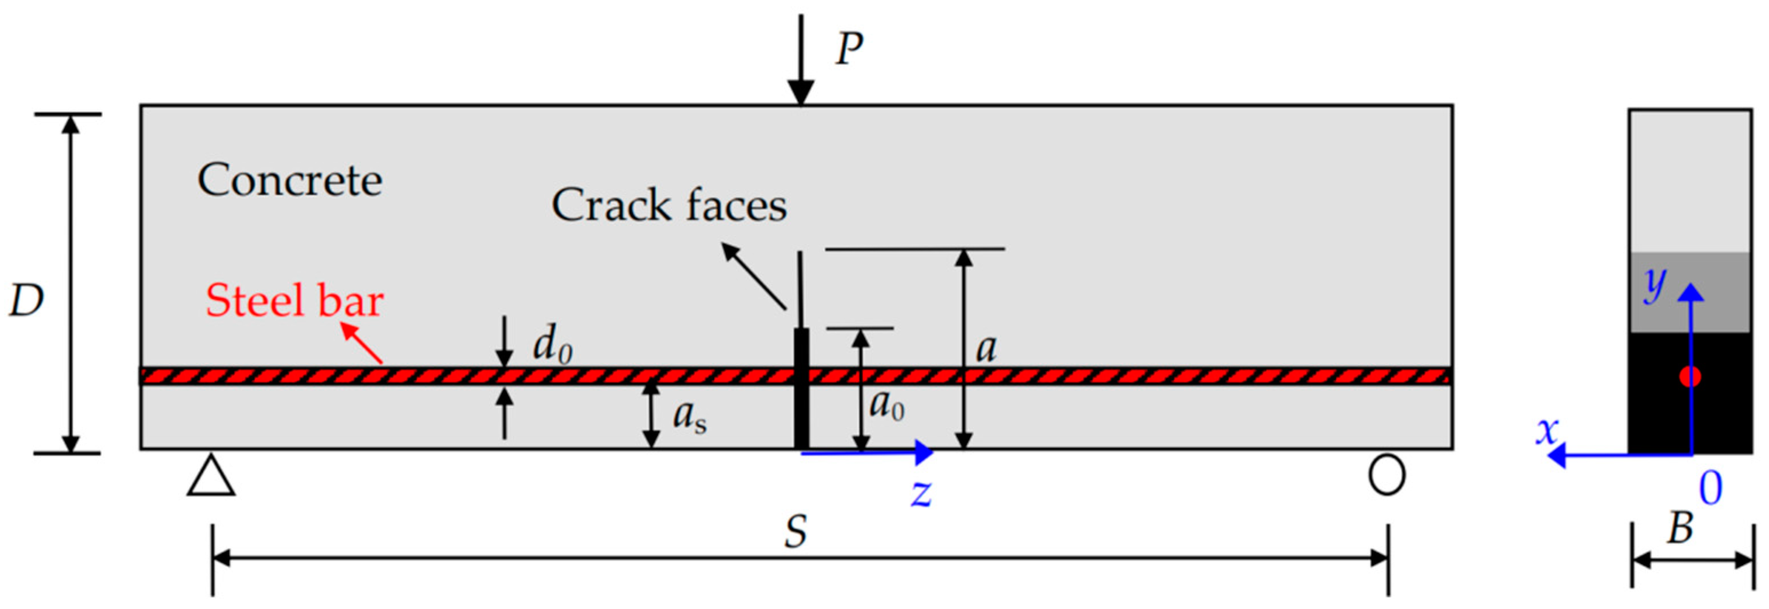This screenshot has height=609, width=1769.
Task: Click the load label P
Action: pos(849,50)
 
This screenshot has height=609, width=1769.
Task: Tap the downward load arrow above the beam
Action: pos(801,62)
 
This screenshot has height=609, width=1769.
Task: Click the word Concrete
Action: pos(290,181)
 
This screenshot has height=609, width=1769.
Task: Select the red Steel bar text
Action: pos(294,301)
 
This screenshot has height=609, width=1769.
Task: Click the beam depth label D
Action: pos(26,301)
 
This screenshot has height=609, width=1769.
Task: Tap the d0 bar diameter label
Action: pos(552,343)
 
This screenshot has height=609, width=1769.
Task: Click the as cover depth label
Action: pos(689,415)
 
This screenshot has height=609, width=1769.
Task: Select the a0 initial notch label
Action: pos(887,405)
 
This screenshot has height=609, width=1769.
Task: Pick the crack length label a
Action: pos(986,349)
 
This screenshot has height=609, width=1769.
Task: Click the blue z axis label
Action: pos(921,492)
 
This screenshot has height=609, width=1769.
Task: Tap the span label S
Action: pos(795,531)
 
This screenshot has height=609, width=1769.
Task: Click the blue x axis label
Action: pos(1548,431)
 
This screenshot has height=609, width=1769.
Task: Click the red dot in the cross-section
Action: pos(1690,376)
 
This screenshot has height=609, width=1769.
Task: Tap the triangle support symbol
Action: pos(211,475)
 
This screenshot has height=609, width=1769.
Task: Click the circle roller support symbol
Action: pos(1387,475)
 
